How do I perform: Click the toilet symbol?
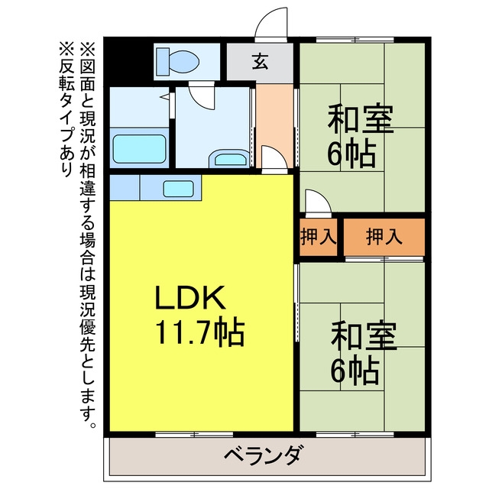point(177,61)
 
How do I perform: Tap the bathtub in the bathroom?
point(139,149)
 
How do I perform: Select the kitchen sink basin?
point(178,189)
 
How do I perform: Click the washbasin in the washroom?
point(229,159)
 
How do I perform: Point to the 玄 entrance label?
point(260,61)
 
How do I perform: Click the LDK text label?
point(190,297)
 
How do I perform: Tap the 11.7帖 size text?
point(199,332)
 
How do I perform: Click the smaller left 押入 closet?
point(319,237)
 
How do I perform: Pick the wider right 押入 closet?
point(384,237)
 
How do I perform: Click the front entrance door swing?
point(270,24)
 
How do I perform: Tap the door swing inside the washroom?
point(202,96)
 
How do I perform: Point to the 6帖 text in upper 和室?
point(351,154)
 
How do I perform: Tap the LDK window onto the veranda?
point(194,434)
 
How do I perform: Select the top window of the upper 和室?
point(355,40)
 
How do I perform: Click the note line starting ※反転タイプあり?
point(66,110)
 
